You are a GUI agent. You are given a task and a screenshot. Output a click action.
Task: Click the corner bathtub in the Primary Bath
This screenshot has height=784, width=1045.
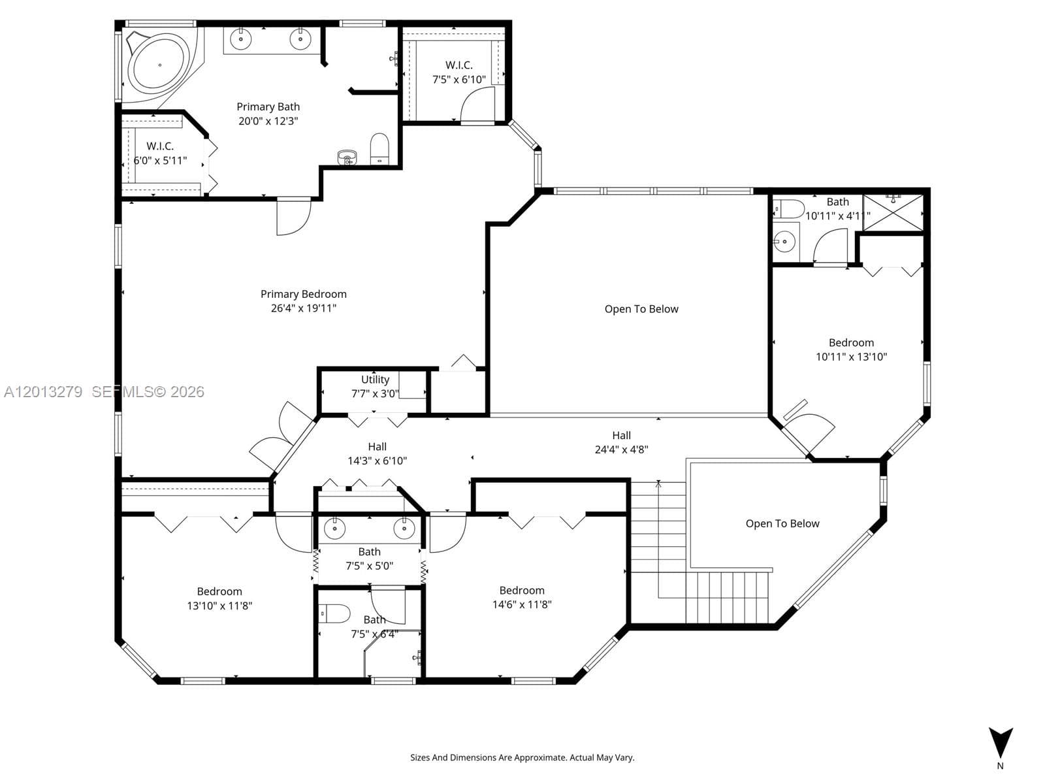[x=159, y=64]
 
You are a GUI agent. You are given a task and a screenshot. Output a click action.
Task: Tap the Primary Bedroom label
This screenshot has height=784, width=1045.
[x=303, y=294]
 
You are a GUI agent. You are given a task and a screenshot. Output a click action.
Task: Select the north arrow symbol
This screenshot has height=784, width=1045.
[x=1000, y=743]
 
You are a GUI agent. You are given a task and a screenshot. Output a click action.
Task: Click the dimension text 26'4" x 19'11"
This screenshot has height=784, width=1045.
[x=303, y=308]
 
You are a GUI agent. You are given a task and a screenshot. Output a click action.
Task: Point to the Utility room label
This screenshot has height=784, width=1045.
[x=375, y=380]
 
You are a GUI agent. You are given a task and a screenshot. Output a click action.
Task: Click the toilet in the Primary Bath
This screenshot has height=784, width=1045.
[x=379, y=148]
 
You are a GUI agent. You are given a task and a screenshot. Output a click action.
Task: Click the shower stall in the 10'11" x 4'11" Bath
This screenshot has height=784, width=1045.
[x=893, y=212]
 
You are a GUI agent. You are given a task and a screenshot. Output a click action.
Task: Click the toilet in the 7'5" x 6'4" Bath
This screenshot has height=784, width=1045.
[x=334, y=613]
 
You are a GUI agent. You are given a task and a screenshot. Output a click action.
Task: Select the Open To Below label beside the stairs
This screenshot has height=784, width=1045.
[x=782, y=523]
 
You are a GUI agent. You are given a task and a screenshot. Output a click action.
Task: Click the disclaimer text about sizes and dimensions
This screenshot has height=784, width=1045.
[x=522, y=757]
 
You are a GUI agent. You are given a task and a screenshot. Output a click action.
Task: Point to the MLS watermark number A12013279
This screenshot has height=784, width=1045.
[x=43, y=392]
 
